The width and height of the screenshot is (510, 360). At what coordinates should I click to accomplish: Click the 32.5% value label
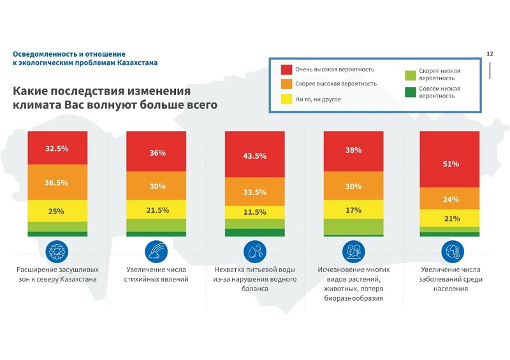point(57,148)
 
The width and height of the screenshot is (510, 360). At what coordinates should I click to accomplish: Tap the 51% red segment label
point(451,164)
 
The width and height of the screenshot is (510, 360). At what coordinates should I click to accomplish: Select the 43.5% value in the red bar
point(254,156)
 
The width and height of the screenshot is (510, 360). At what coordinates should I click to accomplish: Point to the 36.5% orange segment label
point(56,183)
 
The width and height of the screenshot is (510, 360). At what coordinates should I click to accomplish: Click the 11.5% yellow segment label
point(254,212)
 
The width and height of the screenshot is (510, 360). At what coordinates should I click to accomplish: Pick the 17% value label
point(354,210)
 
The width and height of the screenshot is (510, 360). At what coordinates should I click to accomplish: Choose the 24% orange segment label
point(451,199)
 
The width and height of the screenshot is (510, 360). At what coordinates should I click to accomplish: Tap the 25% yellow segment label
point(56,212)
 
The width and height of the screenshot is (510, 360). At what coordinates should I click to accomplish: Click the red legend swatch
point(286,69)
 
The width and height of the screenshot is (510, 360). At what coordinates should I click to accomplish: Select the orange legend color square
point(286,84)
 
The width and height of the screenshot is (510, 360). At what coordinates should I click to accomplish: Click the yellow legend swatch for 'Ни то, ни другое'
point(286,99)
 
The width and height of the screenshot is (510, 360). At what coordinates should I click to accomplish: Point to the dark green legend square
point(411,92)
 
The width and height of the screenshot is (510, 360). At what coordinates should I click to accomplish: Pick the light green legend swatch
point(411,75)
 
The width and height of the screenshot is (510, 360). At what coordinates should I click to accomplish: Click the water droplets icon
point(255,252)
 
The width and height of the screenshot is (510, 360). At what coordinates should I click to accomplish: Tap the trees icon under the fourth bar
point(354,252)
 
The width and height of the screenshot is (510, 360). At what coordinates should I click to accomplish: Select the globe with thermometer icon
point(453,252)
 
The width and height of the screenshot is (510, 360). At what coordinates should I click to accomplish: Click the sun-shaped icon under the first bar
point(57,252)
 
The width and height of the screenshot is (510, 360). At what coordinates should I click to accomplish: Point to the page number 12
point(490,54)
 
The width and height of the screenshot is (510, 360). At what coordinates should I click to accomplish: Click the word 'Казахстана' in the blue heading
point(138,62)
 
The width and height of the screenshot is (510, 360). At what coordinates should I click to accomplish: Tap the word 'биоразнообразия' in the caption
point(354,298)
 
